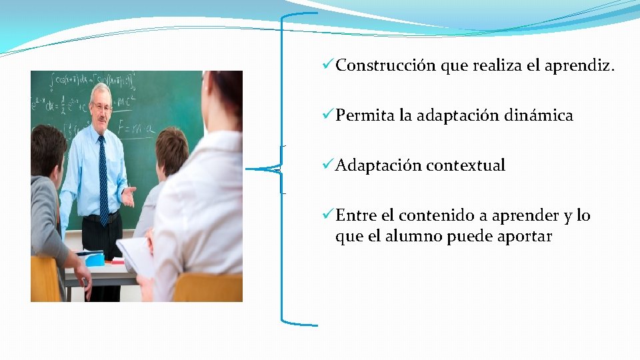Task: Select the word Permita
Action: pyautogui.click(x=365, y=115)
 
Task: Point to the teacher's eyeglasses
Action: pyautogui.click(x=102, y=107)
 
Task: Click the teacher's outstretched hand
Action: pyautogui.click(x=129, y=196)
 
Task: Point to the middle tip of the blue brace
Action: pyautogui.click(x=249, y=169)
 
